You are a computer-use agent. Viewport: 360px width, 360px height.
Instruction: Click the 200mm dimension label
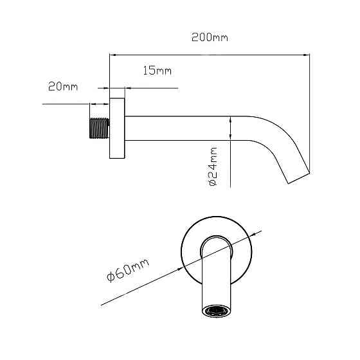point(210,37)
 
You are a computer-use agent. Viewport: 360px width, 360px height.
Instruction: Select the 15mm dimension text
point(157,70)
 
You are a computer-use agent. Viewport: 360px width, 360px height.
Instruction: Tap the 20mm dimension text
point(63,87)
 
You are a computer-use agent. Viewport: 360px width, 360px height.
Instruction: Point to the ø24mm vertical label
point(213,166)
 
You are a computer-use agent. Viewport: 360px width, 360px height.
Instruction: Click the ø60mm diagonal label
point(128,270)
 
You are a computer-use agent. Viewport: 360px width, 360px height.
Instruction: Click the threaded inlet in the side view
point(99,128)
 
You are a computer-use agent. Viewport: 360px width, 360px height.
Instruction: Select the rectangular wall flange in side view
point(117,128)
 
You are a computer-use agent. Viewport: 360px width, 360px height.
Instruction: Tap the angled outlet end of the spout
point(299,178)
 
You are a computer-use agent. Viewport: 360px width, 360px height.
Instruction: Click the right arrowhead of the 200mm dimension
point(307,55)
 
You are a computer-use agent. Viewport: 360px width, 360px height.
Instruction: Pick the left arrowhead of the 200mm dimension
point(113,55)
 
